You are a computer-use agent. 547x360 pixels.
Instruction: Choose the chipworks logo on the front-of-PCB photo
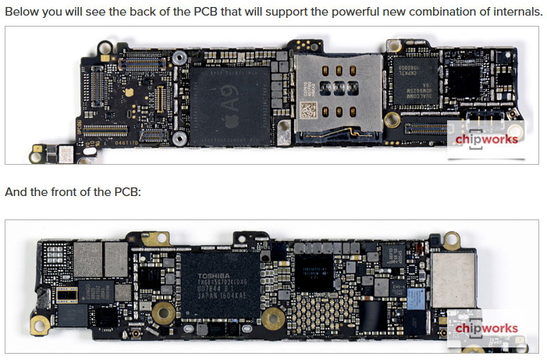486,329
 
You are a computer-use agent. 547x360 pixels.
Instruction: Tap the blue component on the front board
416,297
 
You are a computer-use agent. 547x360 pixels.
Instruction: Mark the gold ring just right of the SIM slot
392,119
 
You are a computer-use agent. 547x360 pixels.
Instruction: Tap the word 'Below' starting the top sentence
21,12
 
